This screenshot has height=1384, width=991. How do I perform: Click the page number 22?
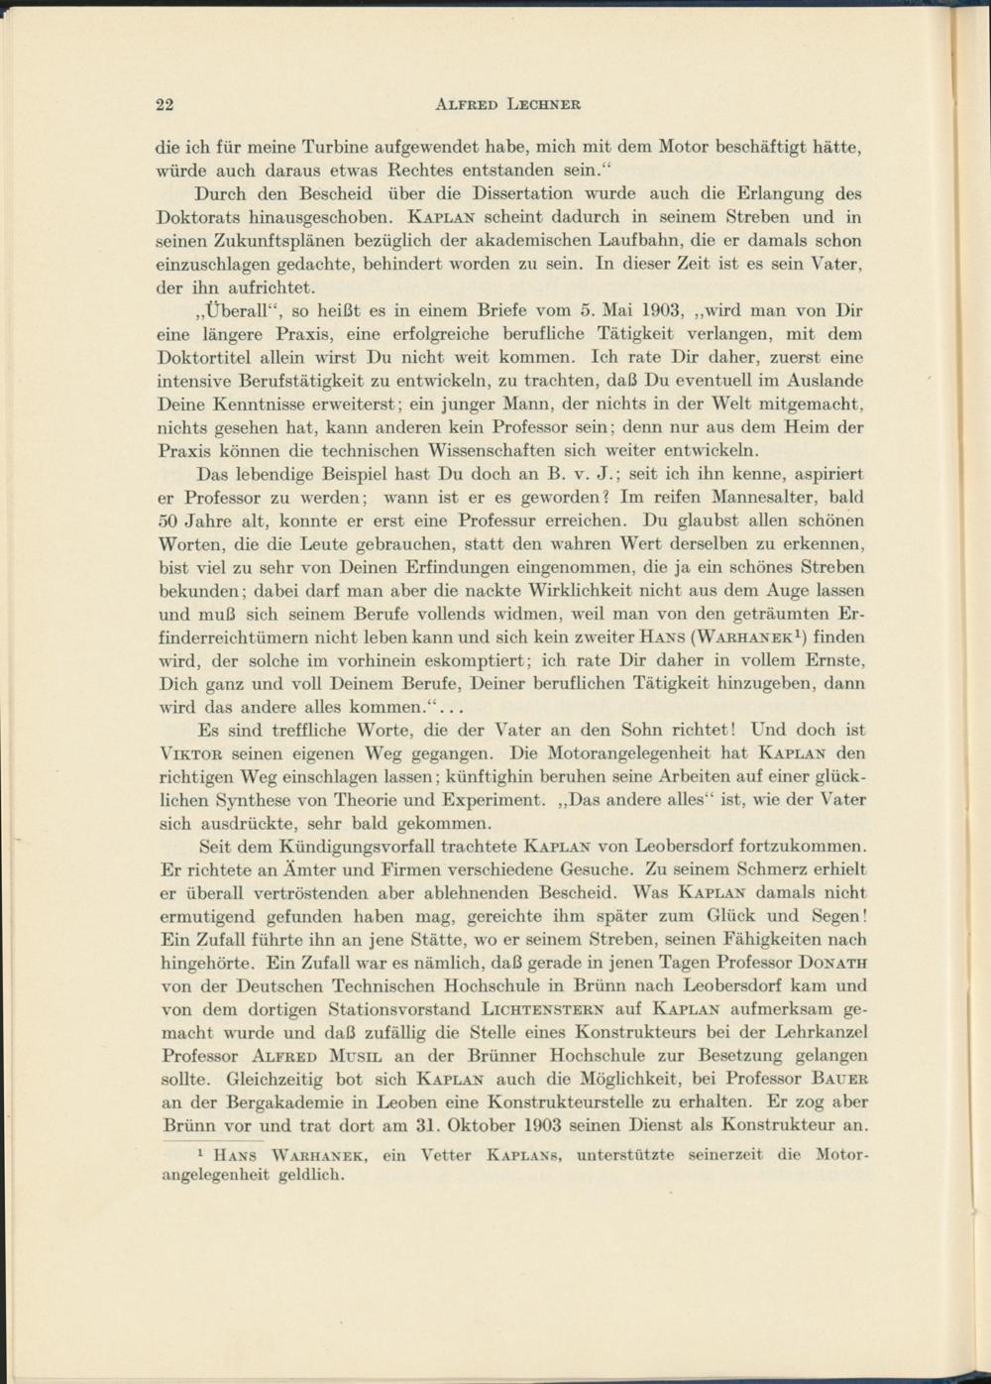pos(166,103)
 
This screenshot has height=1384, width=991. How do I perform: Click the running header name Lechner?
pos(544,103)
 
